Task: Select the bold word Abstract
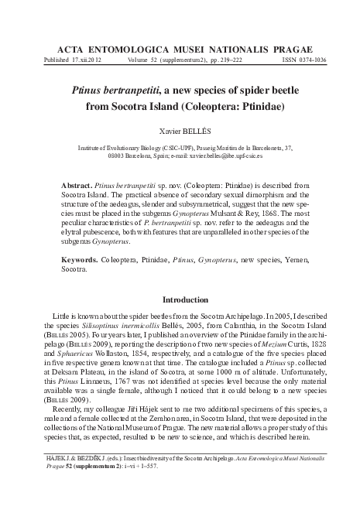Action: click(x=77, y=187)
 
